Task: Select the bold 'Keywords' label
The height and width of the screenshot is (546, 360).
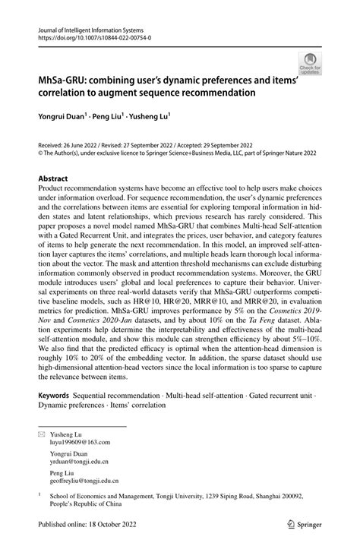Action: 54,396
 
